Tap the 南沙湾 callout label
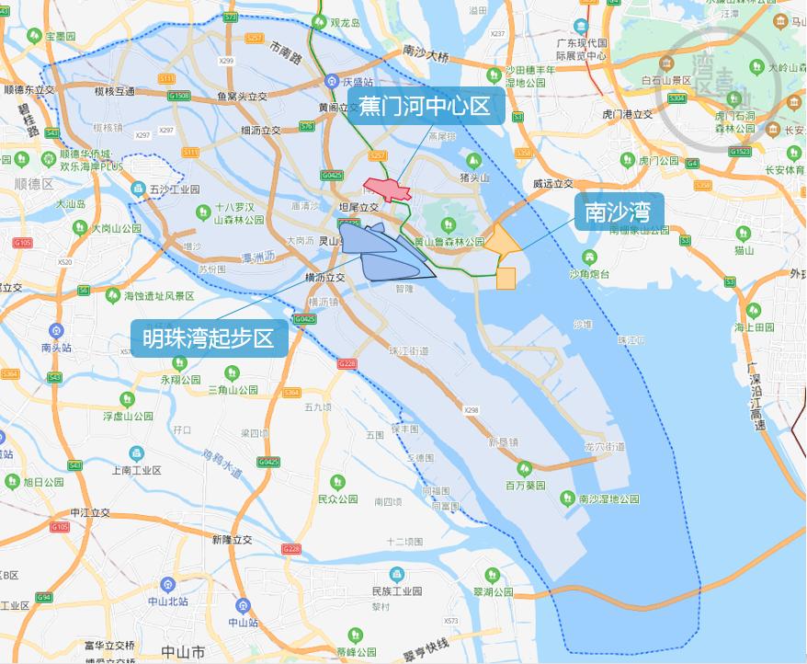(x=618, y=213)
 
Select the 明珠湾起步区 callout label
(x=209, y=338)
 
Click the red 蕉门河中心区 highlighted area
(x=387, y=190)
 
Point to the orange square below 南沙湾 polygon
(x=506, y=279)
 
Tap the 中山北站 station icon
(x=167, y=584)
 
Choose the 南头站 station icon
(x=57, y=331)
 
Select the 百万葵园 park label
(x=526, y=485)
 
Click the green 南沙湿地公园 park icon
(x=568, y=498)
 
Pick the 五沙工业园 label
(x=175, y=189)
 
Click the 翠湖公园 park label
(x=493, y=592)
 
